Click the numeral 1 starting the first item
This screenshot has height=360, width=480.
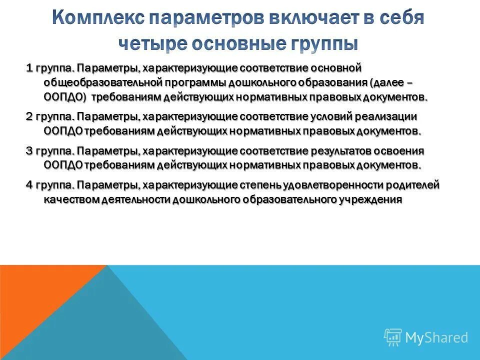coord(29,67)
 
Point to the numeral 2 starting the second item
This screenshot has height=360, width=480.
coord(29,116)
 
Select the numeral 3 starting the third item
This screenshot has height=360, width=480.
coord(29,151)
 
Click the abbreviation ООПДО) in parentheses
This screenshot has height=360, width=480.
coord(62,96)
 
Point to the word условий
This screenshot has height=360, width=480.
coord(328,116)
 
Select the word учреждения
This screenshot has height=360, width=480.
coord(372,200)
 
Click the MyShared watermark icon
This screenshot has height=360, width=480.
coord(392,337)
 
